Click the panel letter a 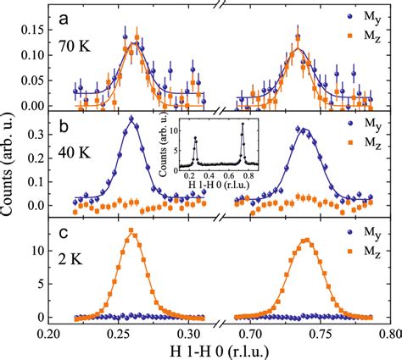tap(64, 16)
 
